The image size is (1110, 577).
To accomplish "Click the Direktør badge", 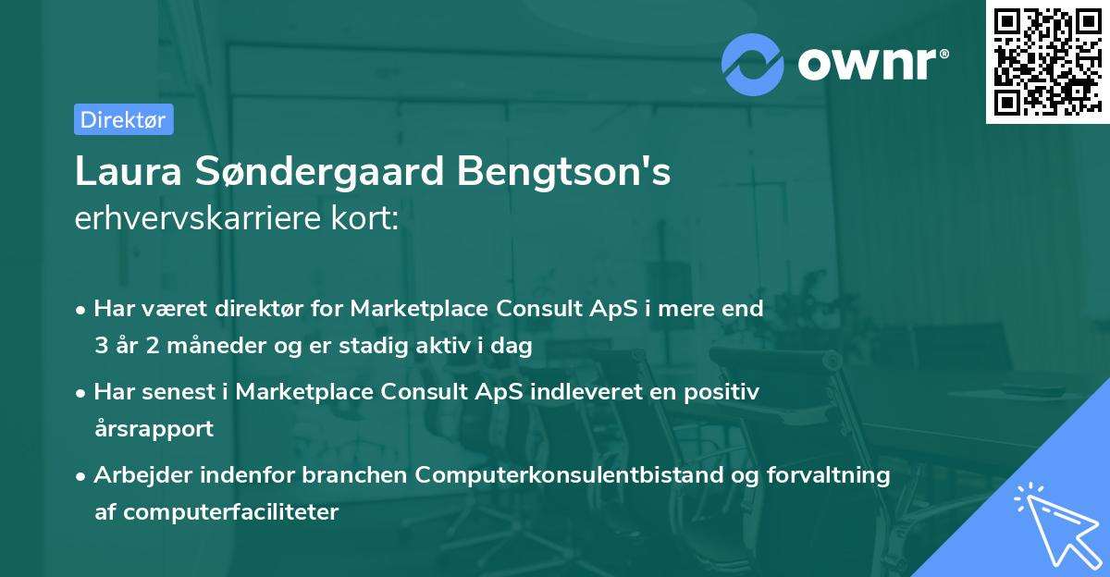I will tap(123, 119).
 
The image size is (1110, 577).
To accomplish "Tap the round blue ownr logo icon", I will tap(752, 64).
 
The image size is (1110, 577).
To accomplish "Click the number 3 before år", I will tap(101, 347).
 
